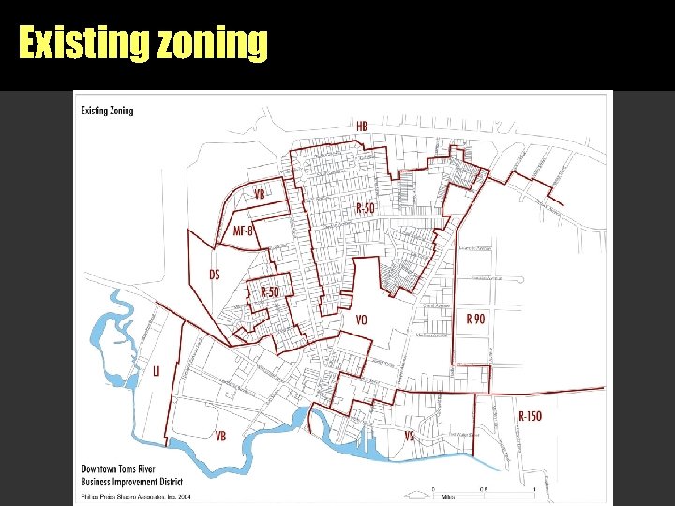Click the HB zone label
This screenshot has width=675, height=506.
point(362,126)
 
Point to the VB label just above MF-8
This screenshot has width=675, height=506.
point(260,194)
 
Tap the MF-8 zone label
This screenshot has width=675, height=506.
point(244,231)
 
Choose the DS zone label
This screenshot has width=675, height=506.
point(215,275)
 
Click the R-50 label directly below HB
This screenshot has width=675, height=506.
point(365,208)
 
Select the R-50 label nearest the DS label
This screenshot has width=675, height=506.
point(270,293)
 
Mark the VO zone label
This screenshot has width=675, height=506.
point(362,320)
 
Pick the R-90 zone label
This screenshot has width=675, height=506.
point(475,319)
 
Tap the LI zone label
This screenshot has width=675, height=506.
point(157,372)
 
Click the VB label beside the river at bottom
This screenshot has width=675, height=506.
point(220,437)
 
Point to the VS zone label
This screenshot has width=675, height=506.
point(409,436)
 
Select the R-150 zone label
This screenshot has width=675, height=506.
point(531,415)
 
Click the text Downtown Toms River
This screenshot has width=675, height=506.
point(118,468)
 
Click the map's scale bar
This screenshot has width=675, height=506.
point(484,493)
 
